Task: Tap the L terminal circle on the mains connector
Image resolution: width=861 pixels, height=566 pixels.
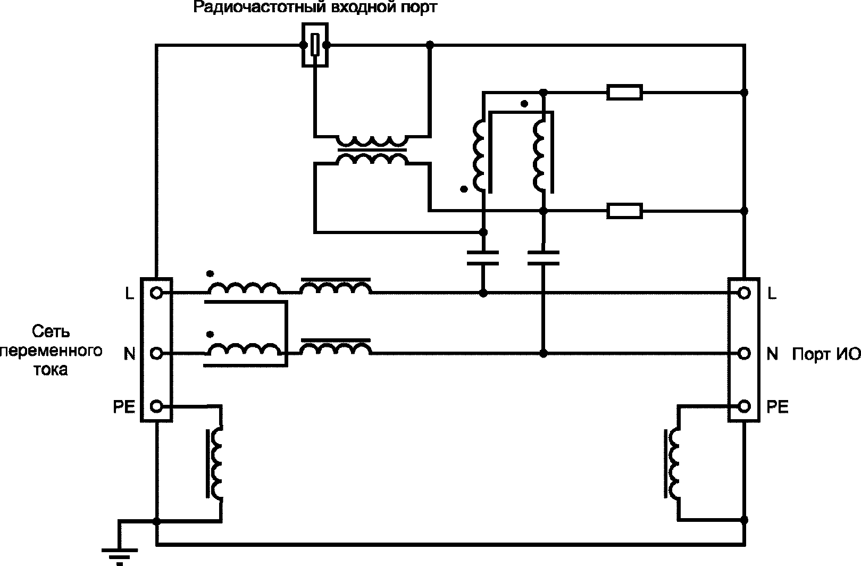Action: (x=156, y=294)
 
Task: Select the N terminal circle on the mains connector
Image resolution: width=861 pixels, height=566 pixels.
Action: (x=156, y=353)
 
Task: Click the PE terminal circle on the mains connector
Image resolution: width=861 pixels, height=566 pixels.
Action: (x=156, y=406)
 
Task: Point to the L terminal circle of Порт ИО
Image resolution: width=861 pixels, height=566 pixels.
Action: (x=744, y=294)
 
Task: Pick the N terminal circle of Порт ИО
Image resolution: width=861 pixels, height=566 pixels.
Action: (x=744, y=353)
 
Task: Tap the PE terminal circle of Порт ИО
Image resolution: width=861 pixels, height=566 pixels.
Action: (x=744, y=406)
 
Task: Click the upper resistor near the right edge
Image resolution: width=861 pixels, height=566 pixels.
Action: (x=624, y=92)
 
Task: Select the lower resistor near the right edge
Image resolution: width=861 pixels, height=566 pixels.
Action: (x=624, y=211)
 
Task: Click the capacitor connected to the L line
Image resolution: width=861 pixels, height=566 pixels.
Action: (x=483, y=258)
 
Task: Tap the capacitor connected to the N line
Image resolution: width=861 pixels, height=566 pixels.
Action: (x=543, y=258)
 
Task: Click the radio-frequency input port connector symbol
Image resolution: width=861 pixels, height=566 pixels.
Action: (x=315, y=45)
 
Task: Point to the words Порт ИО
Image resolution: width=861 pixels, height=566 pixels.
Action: (x=826, y=354)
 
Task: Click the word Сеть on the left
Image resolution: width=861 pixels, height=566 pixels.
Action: (x=51, y=331)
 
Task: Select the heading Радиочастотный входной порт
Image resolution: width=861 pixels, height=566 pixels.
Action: (x=315, y=7)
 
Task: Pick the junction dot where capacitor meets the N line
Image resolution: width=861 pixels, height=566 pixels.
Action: (x=543, y=353)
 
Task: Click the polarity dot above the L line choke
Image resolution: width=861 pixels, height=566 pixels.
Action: (x=210, y=274)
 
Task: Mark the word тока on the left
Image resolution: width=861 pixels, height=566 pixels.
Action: (x=51, y=370)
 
